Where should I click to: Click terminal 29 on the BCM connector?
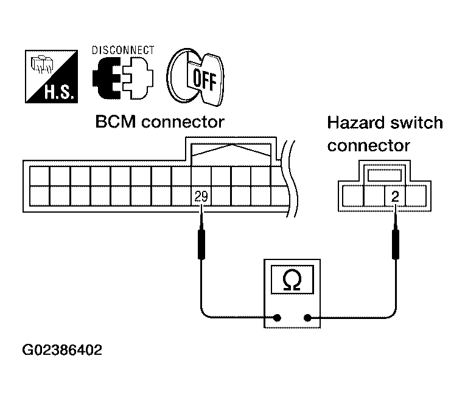point(201,196)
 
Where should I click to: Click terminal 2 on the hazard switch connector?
point(395,196)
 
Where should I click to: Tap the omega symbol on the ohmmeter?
point(292,279)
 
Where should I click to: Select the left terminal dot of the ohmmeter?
point(277,318)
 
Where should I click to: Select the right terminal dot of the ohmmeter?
point(308,318)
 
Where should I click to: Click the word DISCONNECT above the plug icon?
point(123,50)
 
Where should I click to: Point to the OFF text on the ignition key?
point(205,80)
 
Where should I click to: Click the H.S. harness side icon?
point(51,77)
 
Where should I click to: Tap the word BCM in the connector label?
point(116,122)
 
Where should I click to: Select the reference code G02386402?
point(62,350)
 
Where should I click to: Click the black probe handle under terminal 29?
point(201,244)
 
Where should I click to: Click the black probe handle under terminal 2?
point(395,244)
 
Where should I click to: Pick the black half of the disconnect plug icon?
point(107,78)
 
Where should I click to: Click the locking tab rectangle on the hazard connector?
point(385,175)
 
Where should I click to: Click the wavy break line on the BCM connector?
point(290,179)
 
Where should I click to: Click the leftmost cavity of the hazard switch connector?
point(353,196)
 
